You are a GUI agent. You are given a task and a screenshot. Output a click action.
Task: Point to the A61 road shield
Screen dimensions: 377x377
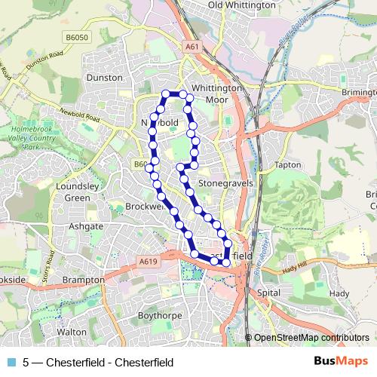192,47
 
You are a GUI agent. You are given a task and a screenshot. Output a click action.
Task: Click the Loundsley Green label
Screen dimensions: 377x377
72,192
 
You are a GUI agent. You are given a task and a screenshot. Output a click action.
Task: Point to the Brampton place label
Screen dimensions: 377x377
84,279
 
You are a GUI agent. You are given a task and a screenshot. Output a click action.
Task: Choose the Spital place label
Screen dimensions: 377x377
268,291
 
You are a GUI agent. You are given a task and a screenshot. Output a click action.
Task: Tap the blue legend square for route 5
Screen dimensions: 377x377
11,362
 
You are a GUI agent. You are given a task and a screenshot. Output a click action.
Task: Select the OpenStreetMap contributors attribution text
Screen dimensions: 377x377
311,338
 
